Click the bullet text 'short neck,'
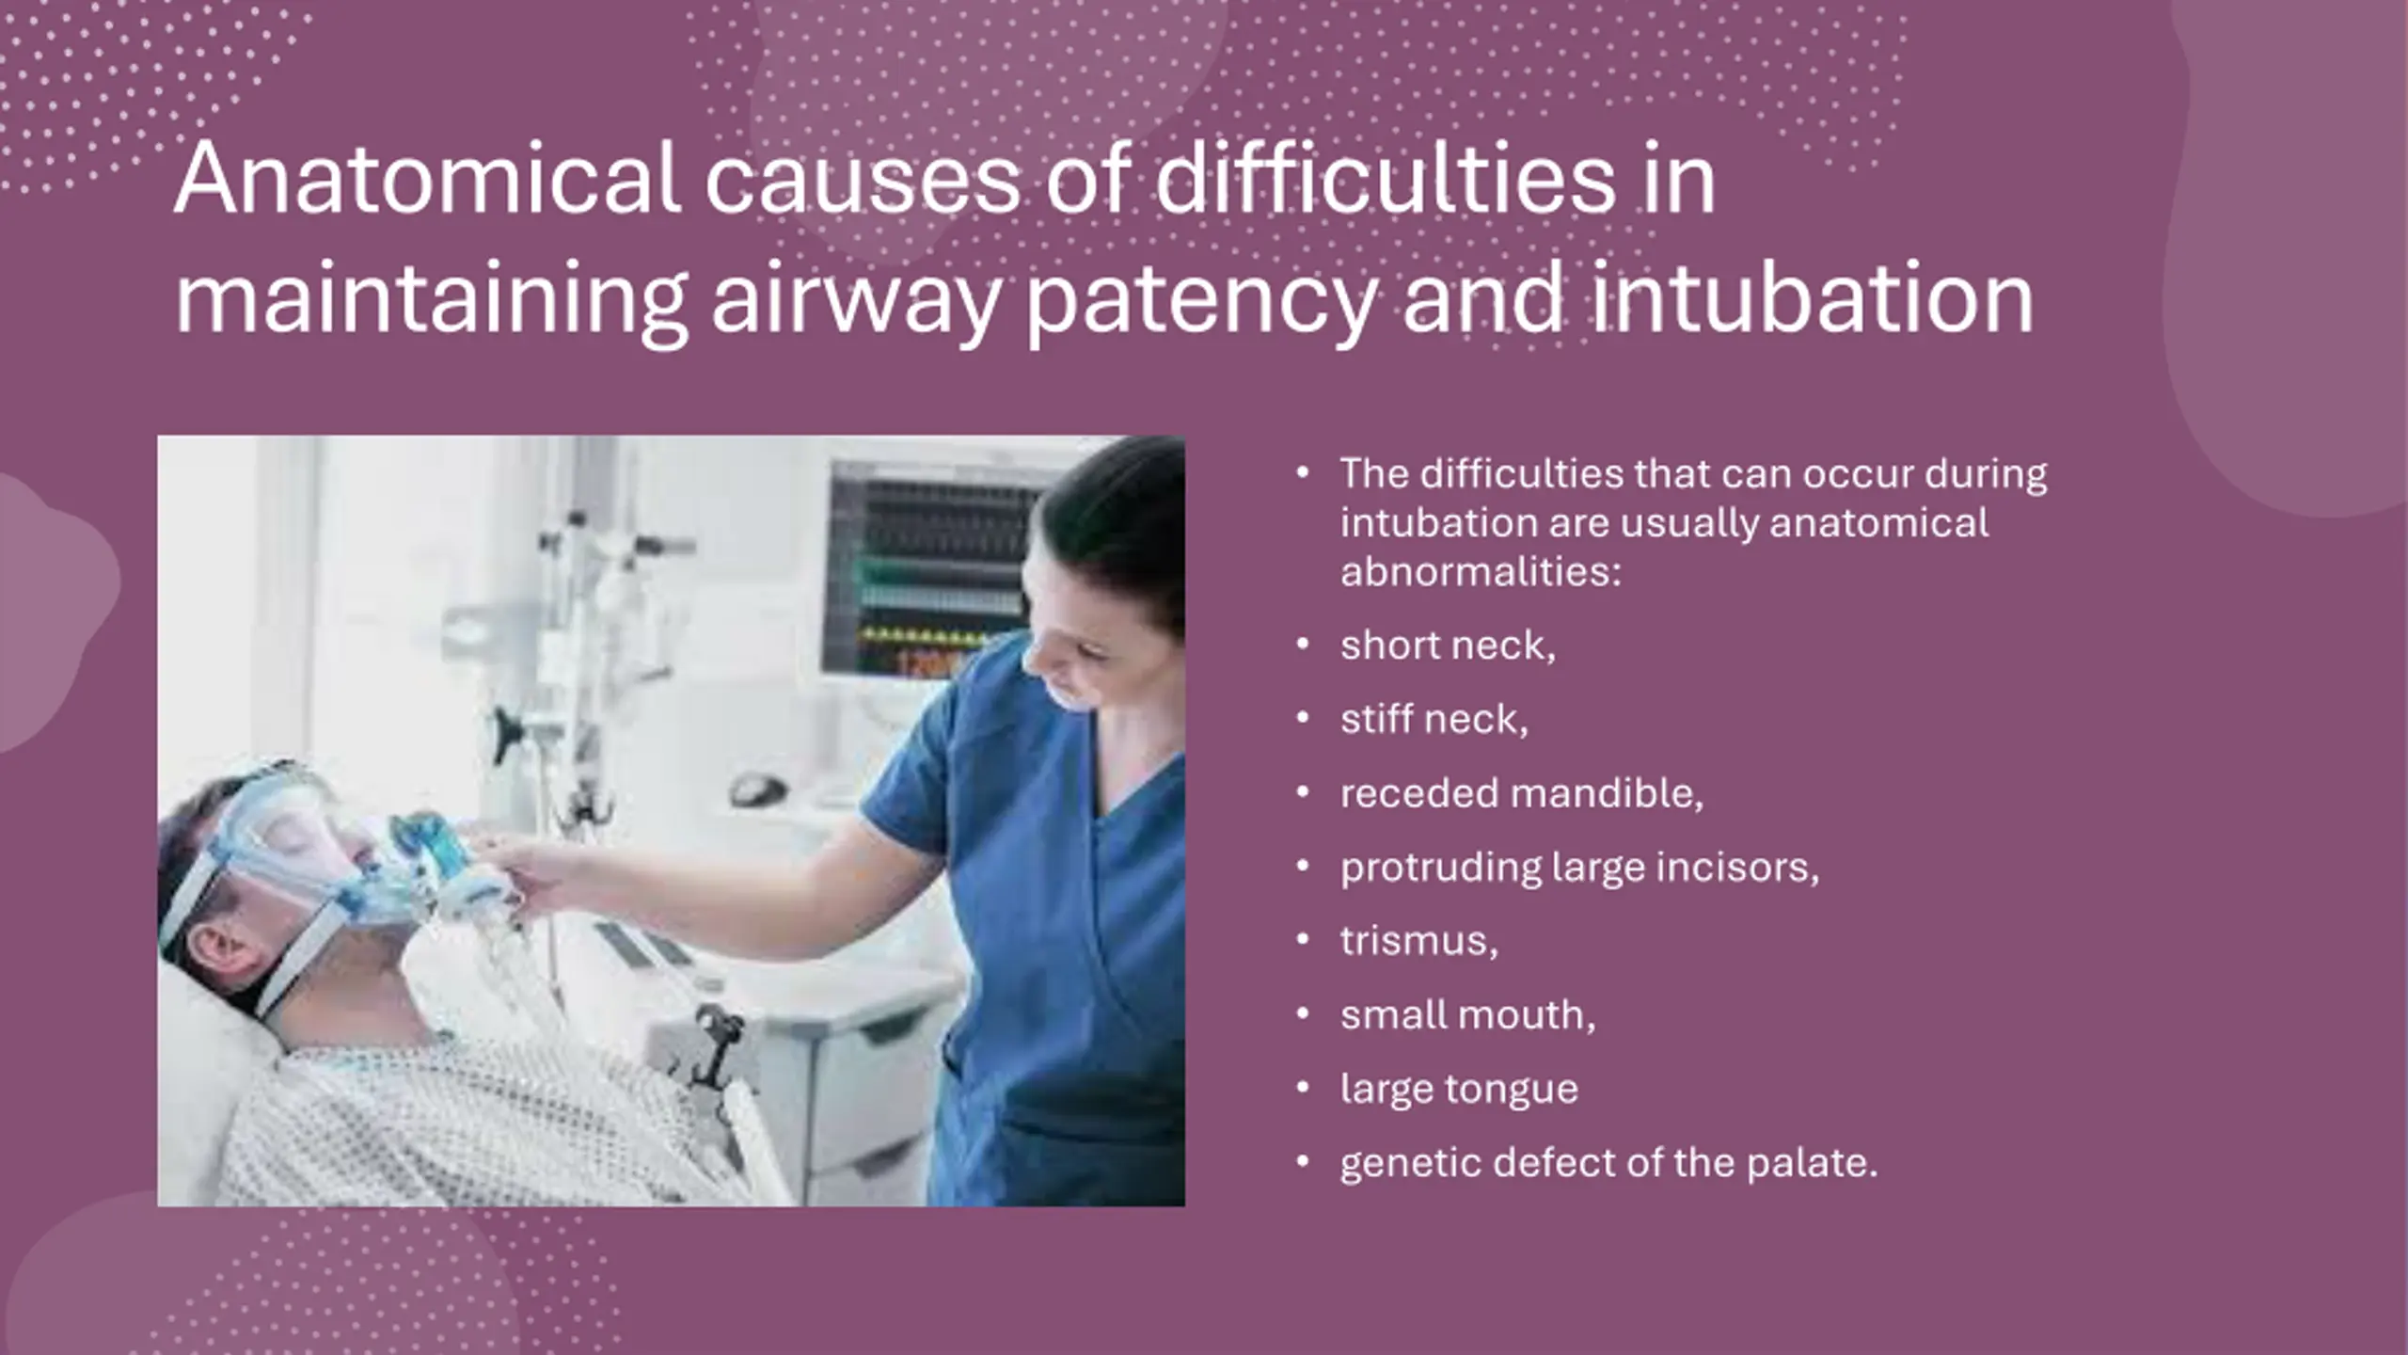[1448, 646]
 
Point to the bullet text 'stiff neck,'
[1434, 719]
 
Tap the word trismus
[1418, 941]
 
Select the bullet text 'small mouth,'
[1467, 1015]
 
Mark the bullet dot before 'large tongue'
[1303, 1088]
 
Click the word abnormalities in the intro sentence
[1481, 572]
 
